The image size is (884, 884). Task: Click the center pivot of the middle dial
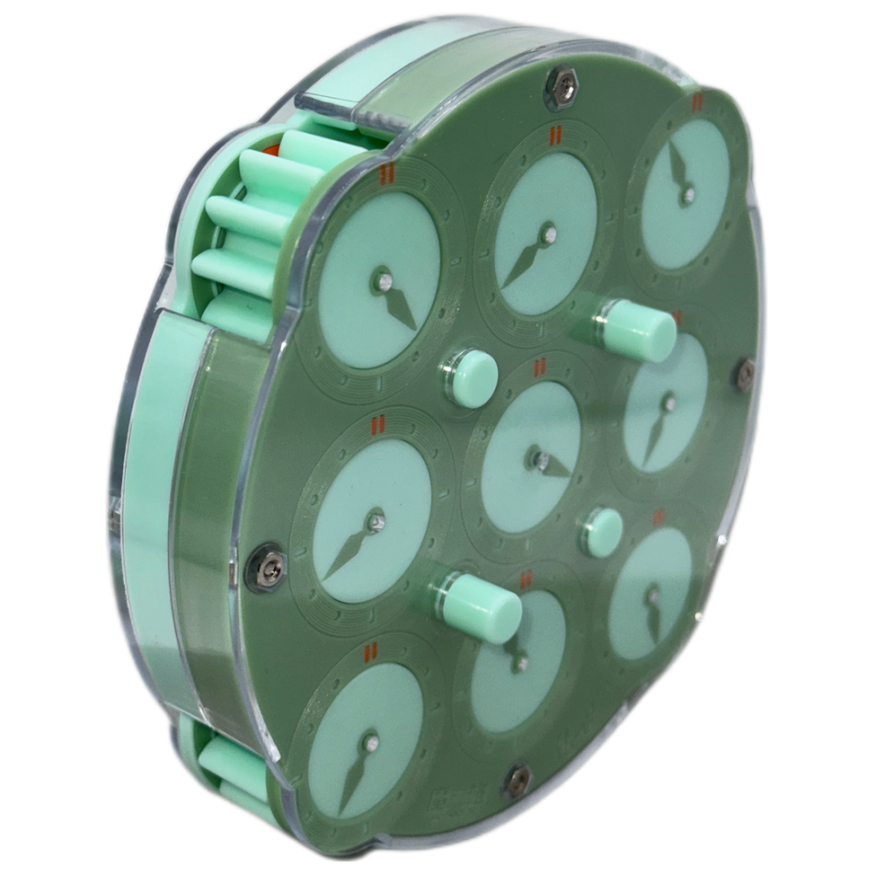[x=539, y=456]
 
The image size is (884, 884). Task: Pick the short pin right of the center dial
[x=600, y=531]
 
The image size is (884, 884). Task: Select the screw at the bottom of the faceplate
[x=517, y=780]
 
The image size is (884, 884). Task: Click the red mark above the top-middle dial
[x=555, y=136]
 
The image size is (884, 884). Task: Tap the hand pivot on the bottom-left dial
[x=370, y=744]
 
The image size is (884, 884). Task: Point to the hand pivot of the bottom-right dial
[x=652, y=594]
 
